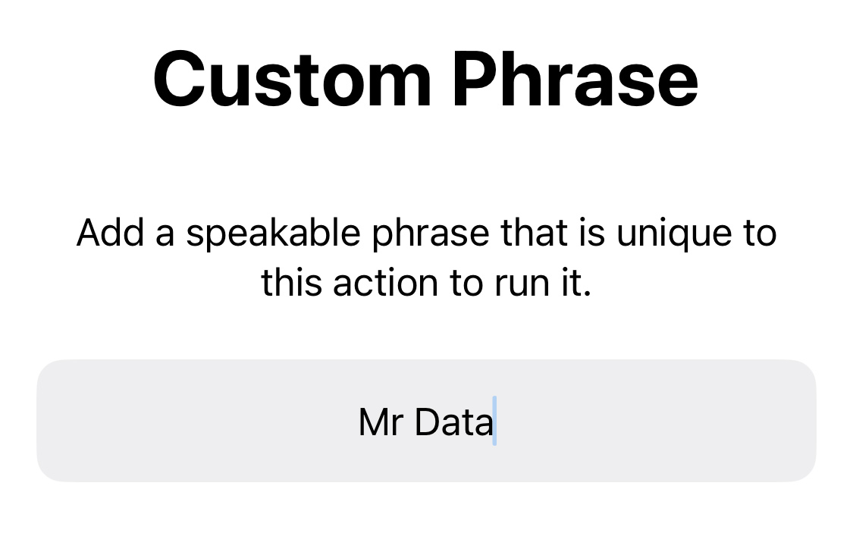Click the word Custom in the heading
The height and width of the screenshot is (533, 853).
click(292, 80)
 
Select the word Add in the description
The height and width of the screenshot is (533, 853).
click(111, 233)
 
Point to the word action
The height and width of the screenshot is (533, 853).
click(386, 283)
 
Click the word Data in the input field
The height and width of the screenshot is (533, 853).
click(453, 422)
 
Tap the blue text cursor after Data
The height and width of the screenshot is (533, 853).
click(494, 421)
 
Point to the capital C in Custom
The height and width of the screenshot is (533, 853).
click(180, 80)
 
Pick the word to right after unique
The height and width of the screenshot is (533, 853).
click(760, 234)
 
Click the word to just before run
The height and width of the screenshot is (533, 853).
click(466, 284)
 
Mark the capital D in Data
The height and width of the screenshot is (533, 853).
click(427, 422)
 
